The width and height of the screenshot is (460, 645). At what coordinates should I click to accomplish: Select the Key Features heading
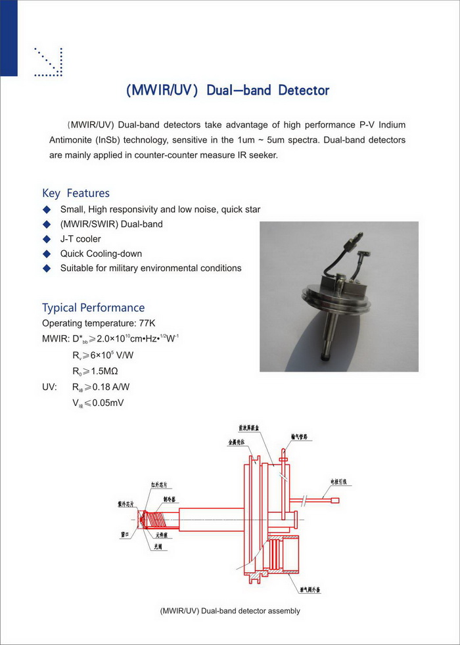pyautogui.click(x=76, y=193)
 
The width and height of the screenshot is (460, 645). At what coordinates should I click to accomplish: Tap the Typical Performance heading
pyautogui.click(x=93, y=307)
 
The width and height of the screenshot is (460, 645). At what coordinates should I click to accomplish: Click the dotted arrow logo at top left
pyautogui.click(x=48, y=62)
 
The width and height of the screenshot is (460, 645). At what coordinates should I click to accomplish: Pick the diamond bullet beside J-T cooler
pyautogui.click(x=46, y=239)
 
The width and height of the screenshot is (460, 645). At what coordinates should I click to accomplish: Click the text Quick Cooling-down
pyautogui.click(x=101, y=254)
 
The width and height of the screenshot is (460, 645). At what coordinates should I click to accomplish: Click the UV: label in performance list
pyautogui.click(x=50, y=388)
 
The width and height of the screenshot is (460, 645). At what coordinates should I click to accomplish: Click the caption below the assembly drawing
pyautogui.click(x=229, y=611)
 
